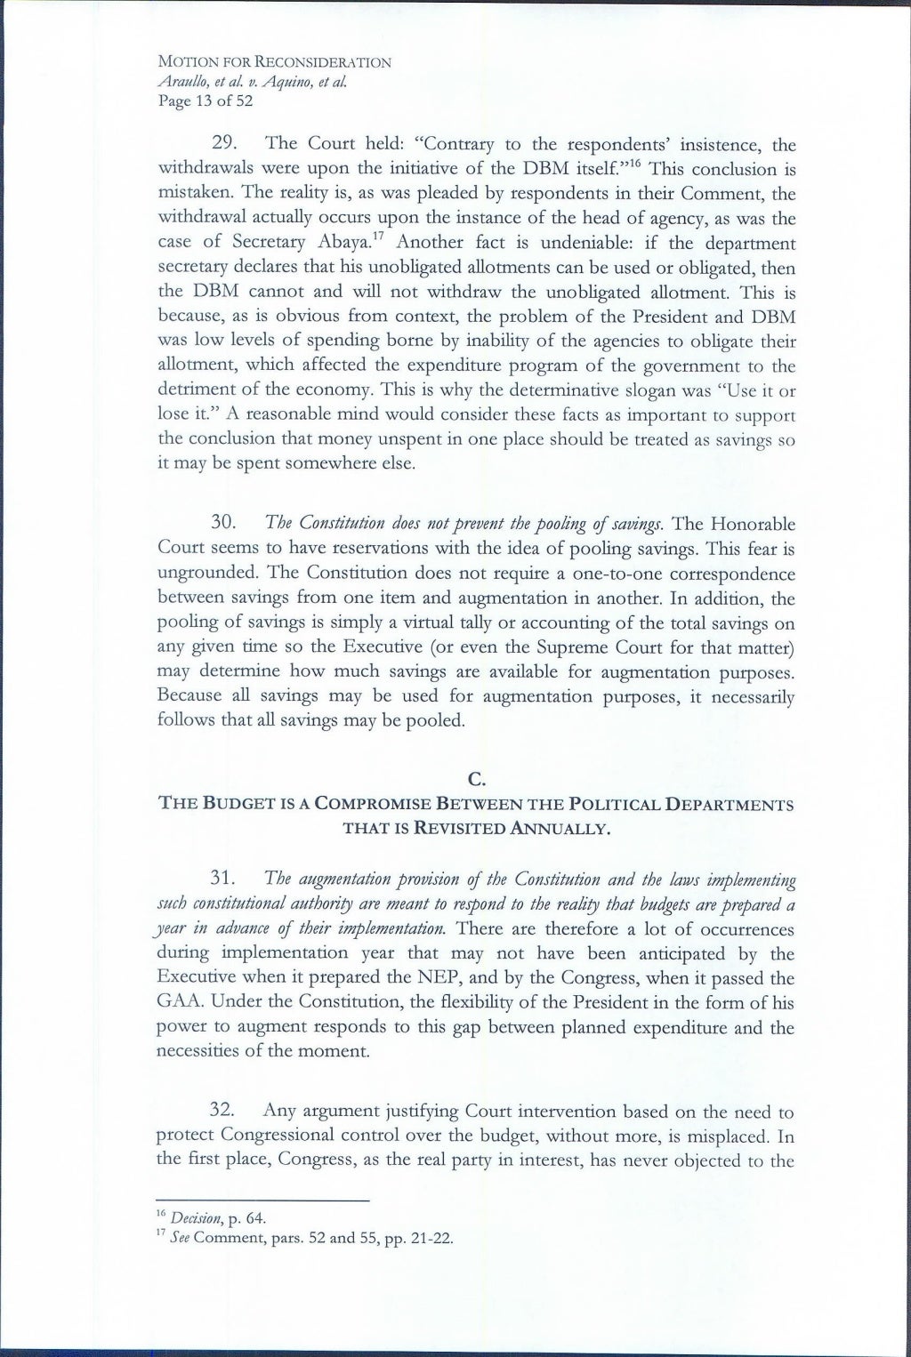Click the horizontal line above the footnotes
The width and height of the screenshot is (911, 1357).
point(262,1201)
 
